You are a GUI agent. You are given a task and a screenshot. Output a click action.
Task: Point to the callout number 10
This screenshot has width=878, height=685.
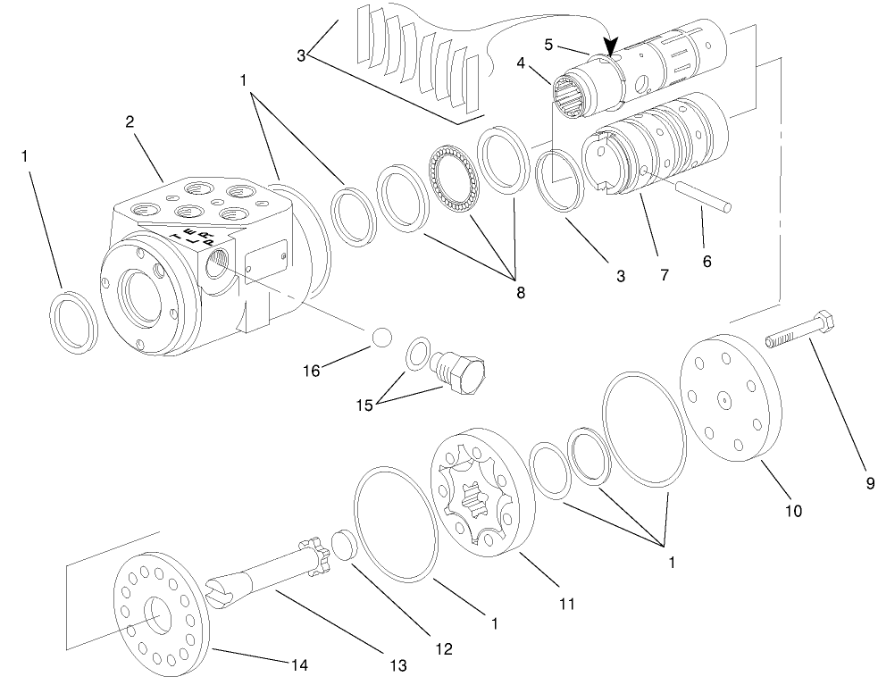(793, 511)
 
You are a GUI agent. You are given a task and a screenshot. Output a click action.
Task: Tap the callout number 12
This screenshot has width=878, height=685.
(444, 647)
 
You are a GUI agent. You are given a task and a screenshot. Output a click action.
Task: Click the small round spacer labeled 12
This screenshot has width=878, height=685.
(343, 547)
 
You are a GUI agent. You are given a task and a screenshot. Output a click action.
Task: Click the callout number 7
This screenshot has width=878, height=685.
(664, 276)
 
